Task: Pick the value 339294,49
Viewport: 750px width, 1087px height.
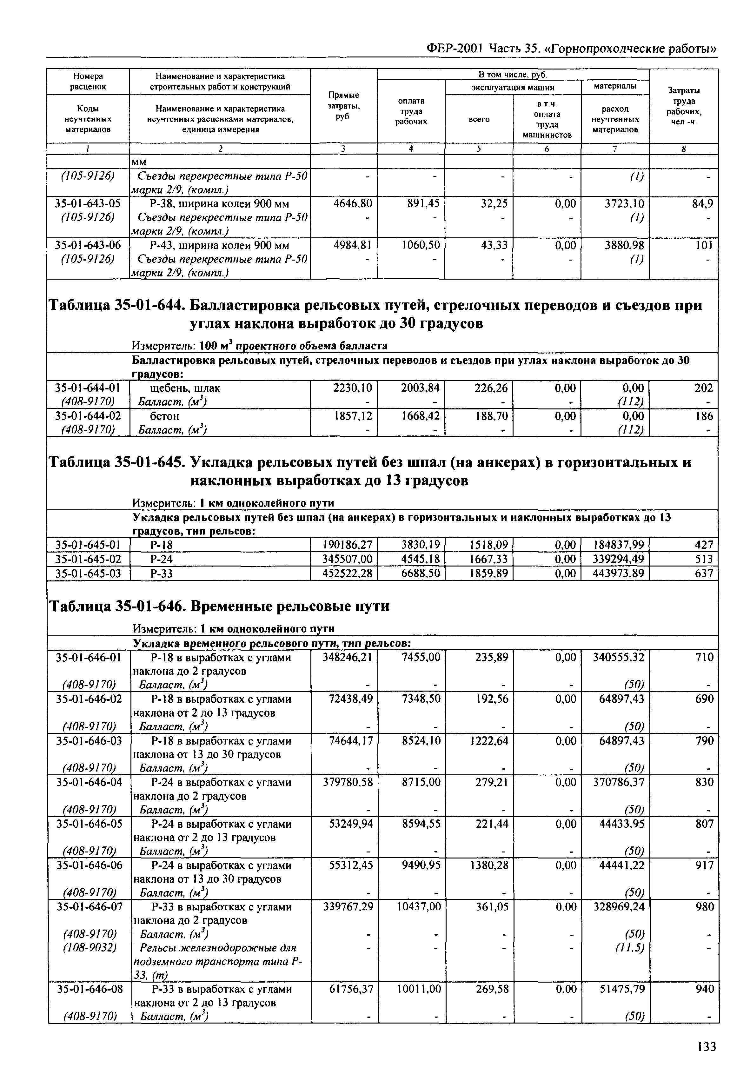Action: [617, 559]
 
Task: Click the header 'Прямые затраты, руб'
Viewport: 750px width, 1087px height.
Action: [343, 106]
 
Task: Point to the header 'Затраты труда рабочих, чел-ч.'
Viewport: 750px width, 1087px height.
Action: [684, 106]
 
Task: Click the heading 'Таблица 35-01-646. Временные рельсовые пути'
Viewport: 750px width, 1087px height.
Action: [219, 606]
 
